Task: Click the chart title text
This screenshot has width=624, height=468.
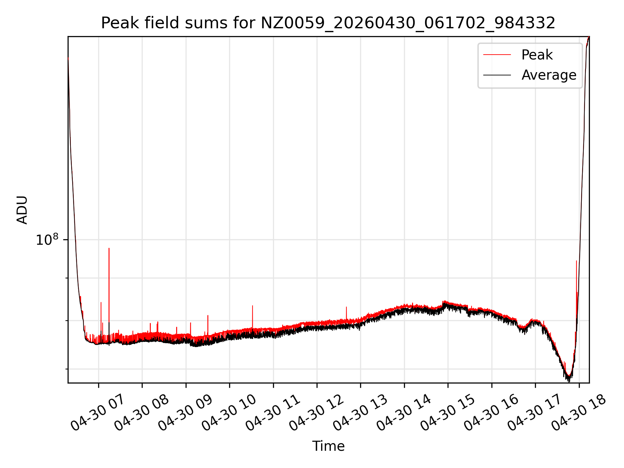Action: click(328, 23)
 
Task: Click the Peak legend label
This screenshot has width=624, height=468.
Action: click(537, 55)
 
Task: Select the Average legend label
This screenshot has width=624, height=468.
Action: click(549, 75)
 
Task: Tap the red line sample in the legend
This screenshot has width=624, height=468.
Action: click(497, 55)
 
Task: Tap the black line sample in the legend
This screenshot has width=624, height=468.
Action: click(497, 75)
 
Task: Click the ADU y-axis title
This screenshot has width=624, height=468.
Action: click(22, 210)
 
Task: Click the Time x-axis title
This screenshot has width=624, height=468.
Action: click(328, 446)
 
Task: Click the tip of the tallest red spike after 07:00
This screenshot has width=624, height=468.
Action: click(109, 248)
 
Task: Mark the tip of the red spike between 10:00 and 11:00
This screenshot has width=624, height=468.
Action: click(253, 305)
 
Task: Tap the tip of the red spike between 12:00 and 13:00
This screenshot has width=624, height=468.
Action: click(346, 307)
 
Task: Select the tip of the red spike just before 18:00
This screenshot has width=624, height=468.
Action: click(577, 261)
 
